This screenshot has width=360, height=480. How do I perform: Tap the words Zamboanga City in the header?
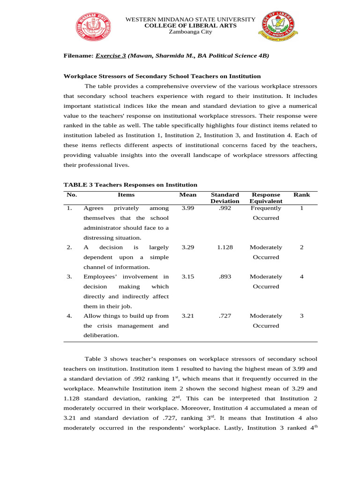click(190, 32)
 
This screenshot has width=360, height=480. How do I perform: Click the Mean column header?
click(187, 195)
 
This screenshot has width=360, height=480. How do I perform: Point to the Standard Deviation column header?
click(225, 198)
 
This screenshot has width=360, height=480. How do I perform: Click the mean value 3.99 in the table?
click(187, 208)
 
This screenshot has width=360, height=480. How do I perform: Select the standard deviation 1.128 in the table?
click(225, 247)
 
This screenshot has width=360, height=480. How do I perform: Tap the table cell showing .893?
click(225, 277)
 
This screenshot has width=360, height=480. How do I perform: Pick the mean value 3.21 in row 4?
click(187, 316)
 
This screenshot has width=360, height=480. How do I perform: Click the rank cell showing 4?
click(301, 277)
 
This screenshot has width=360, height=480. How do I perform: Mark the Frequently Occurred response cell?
click(266, 213)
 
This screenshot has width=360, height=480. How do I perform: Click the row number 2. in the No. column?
click(69, 247)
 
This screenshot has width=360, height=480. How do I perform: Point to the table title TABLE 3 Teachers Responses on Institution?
click(130, 185)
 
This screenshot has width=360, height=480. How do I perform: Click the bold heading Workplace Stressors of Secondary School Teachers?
click(162, 76)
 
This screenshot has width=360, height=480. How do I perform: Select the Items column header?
click(126, 195)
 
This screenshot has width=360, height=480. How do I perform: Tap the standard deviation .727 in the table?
click(225, 316)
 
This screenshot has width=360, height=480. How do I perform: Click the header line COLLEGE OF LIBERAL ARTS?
click(190, 25)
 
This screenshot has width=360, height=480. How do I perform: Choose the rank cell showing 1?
click(301, 208)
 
